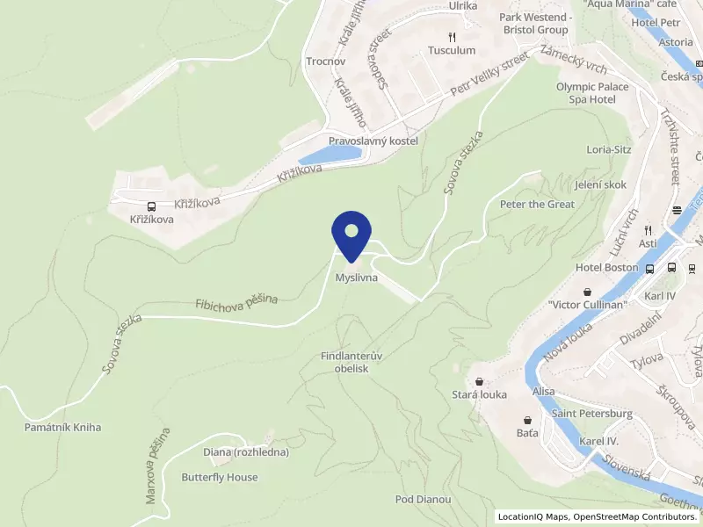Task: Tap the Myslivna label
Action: (356, 278)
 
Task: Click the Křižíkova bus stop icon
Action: (152, 206)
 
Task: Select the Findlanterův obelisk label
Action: (351, 362)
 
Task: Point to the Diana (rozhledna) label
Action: (246, 452)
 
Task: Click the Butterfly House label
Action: (220, 477)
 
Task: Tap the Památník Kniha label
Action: (62, 427)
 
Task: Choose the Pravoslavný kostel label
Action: (373, 141)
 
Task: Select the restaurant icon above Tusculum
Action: (452, 37)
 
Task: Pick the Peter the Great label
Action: (537, 204)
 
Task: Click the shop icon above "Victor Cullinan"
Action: (587, 291)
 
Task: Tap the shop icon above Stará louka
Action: (479, 381)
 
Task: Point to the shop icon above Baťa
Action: (526, 420)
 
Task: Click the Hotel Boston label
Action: (606, 267)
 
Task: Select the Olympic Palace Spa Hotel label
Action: (592, 93)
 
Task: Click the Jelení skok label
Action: (599, 185)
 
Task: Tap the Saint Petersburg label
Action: (592, 413)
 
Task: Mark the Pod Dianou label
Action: (424, 499)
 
